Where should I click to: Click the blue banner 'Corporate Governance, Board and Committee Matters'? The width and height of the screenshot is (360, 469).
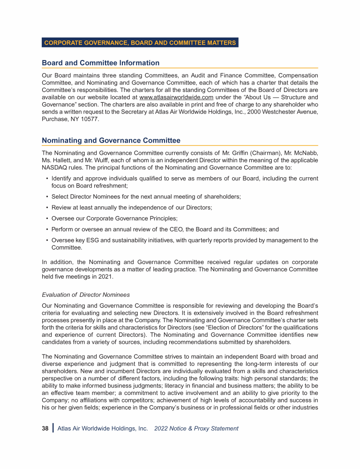pyautogui.click(x=140, y=43)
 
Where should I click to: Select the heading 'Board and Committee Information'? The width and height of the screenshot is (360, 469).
pyautogui.click(x=100, y=63)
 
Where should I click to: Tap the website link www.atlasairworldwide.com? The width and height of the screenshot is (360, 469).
pyautogui.click(x=173, y=97)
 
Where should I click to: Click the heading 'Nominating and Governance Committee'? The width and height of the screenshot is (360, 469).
pyautogui.click(x=111, y=140)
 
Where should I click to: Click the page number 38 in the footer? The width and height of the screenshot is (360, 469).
pyautogui.click(x=45, y=428)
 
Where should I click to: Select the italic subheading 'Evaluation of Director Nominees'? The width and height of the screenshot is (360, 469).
pyautogui.click(x=86, y=295)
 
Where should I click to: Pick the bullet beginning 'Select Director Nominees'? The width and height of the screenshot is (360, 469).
pyautogui.click(x=146, y=197)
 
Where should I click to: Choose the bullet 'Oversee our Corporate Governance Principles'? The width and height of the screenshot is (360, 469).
pyautogui.click(x=114, y=219)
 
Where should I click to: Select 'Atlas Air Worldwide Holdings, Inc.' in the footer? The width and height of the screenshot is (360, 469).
pyautogui.click(x=102, y=428)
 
